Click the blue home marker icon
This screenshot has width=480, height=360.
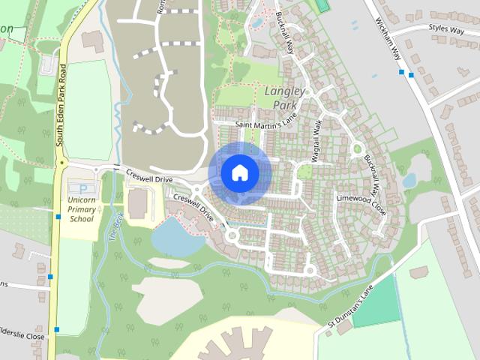[239, 172]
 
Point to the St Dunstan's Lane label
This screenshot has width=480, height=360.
[349, 309]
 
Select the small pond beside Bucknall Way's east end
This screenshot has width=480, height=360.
[409, 180]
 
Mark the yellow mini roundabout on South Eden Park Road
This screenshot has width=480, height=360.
[60, 162]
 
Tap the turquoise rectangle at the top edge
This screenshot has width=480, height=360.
[322, 5]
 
